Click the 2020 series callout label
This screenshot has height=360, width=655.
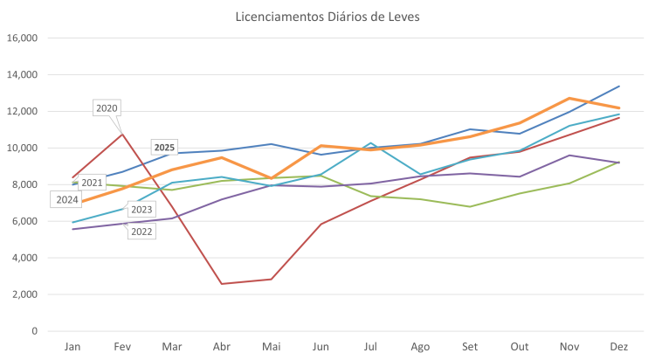[x=107, y=107]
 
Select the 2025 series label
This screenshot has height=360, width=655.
[x=164, y=147]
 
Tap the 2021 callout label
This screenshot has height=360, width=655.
[x=92, y=183]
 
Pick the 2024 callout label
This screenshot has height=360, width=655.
[x=67, y=199]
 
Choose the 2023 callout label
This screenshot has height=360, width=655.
[x=141, y=210]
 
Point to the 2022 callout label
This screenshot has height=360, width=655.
[x=141, y=231]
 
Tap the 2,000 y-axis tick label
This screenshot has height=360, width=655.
[x=24, y=294]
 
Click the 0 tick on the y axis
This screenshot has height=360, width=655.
[x=33, y=331]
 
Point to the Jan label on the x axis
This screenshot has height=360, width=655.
[x=72, y=348]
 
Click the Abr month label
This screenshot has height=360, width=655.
[x=221, y=348]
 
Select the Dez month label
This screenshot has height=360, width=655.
[x=618, y=348]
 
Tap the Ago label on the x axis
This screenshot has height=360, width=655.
[x=420, y=348]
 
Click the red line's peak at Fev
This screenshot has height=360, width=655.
[x=123, y=132]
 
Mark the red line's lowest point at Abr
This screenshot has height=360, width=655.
[x=222, y=283]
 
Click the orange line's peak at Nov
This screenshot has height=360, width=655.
[x=569, y=98]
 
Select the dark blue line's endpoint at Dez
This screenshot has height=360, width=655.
[x=618, y=86]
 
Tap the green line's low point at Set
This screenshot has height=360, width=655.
[x=470, y=207]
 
